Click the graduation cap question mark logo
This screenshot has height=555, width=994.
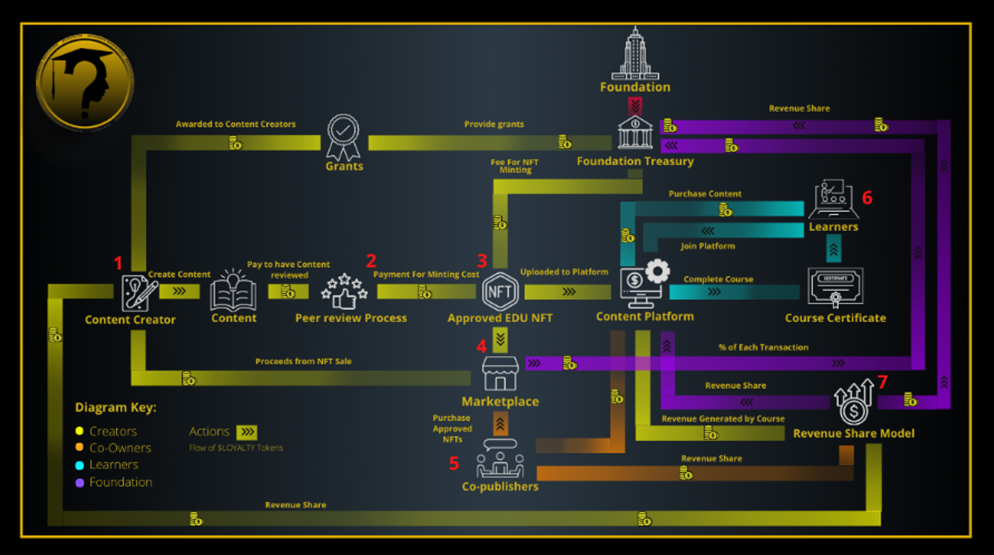pos(85,83)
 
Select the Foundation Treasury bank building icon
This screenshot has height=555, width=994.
pos(635,132)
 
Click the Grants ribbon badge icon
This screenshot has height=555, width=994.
pos(343,137)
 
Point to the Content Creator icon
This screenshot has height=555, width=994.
pos(139,292)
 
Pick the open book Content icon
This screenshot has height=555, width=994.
pos(233,291)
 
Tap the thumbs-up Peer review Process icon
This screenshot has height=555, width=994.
pos(344,291)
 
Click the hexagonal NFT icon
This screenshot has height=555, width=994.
pos(500,291)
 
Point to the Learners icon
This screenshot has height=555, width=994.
pos(833,199)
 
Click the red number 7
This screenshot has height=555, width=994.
pos(882,382)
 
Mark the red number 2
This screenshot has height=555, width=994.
pos(371,261)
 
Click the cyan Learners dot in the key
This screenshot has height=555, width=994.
pos(80,466)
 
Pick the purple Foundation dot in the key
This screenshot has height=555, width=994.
pos(80,483)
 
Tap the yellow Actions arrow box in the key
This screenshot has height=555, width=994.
pos(247,432)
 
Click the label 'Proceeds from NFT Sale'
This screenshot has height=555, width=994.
pos(304,362)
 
